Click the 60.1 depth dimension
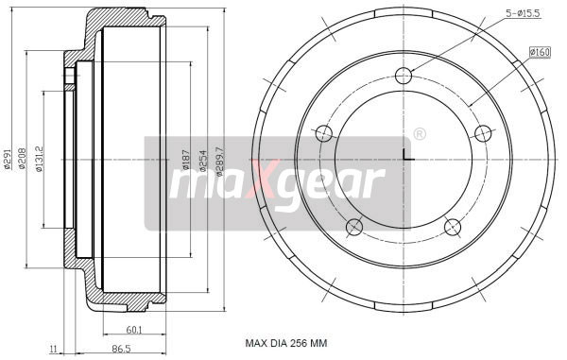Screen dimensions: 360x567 [133, 330]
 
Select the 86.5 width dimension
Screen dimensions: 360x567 [121, 349]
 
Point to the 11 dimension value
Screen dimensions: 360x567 [55, 349]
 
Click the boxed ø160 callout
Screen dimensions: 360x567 [540, 51]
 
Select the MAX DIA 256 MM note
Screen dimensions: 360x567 [285, 343]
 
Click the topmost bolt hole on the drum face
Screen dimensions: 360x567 [404, 76]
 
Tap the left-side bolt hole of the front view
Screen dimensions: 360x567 [324, 132]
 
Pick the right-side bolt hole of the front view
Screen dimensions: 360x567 [482, 132]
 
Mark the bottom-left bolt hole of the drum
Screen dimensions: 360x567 [354, 226]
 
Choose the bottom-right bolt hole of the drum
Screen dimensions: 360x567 [453, 226]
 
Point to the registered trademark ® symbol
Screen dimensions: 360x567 [419, 134]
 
